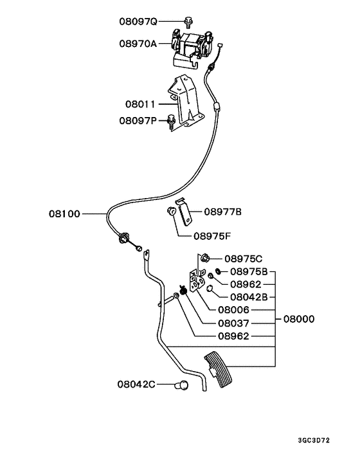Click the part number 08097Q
click(138, 21)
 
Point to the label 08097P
click(137, 120)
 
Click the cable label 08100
click(64, 213)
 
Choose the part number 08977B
click(223, 211)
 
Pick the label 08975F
click(214, 235)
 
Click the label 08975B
click(253, 271)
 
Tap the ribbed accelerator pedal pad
click(222, 371)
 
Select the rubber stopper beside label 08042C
click(183, 385)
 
